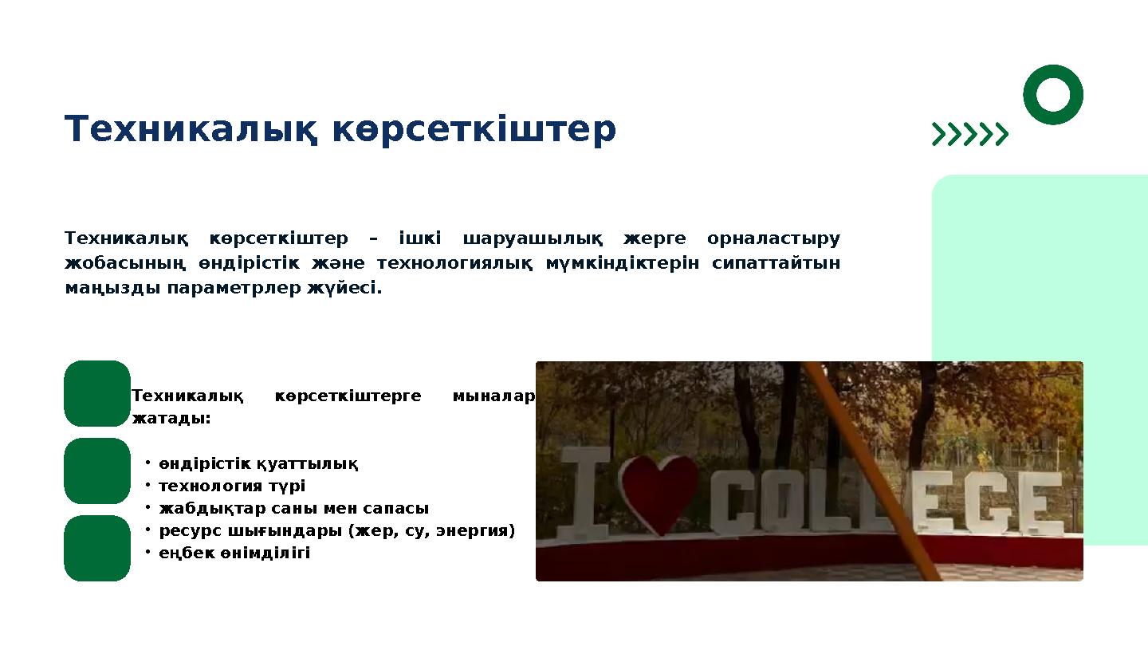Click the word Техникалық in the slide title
(x=191, y=130)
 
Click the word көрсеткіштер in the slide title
(x=474, y=130)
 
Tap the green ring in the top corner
(x=1052, y=94)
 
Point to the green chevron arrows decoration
(x=970, y=135)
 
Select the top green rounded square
(x=97, y=393)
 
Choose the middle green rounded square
(x=97, y=471)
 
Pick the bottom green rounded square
(x=97, y=548)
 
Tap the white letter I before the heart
(x=584, y=492)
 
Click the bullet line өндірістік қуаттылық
(x=258, y=464)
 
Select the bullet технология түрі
(x=231, y=486)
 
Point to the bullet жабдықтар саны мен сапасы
(x=293, y=509)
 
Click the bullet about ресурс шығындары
(x=336, y=531)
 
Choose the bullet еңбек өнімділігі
(x=234, y=553)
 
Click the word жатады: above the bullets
(x=171, y=419)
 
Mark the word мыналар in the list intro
(x=493, y=396)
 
